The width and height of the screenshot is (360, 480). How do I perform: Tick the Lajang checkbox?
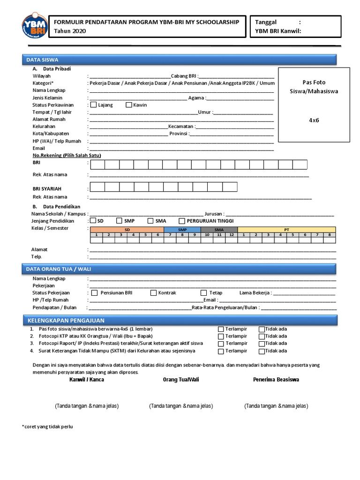[93, 105]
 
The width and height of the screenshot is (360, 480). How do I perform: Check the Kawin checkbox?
[129, 105]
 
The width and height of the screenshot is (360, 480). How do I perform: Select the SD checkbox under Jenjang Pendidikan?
[93, 221]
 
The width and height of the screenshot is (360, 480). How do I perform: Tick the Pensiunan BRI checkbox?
[94, 293]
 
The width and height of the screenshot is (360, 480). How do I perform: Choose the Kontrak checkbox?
[154, 293]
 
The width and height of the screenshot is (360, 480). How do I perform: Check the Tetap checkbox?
[204, 293]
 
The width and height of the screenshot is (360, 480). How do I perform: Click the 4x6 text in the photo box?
[314, 120]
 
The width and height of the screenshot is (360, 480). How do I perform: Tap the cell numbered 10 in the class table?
[207, 234]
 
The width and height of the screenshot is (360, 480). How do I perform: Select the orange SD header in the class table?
[127, 230]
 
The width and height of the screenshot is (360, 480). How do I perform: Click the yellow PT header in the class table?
[286, 230]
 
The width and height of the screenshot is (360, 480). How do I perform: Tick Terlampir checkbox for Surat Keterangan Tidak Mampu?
[221, 351]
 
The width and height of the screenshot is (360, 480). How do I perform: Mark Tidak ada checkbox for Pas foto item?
[262, 329]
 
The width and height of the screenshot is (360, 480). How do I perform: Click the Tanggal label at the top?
[266, 22]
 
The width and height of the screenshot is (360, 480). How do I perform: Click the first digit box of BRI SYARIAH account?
[97, 187]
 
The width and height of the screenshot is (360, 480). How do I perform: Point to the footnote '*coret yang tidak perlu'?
[47, 427]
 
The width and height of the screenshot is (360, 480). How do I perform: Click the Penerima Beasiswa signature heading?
[276, 380]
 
